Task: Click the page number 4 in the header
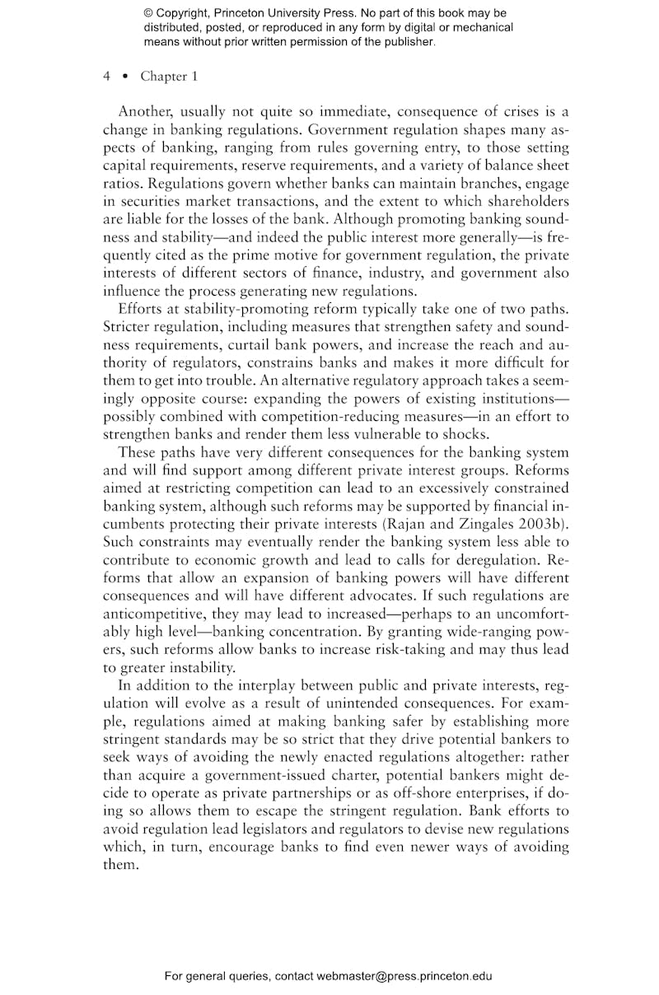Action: click(x=107, y=77)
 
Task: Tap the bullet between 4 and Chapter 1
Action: click(x=124, y=77)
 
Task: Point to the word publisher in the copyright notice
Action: click(x=404, y=40)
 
